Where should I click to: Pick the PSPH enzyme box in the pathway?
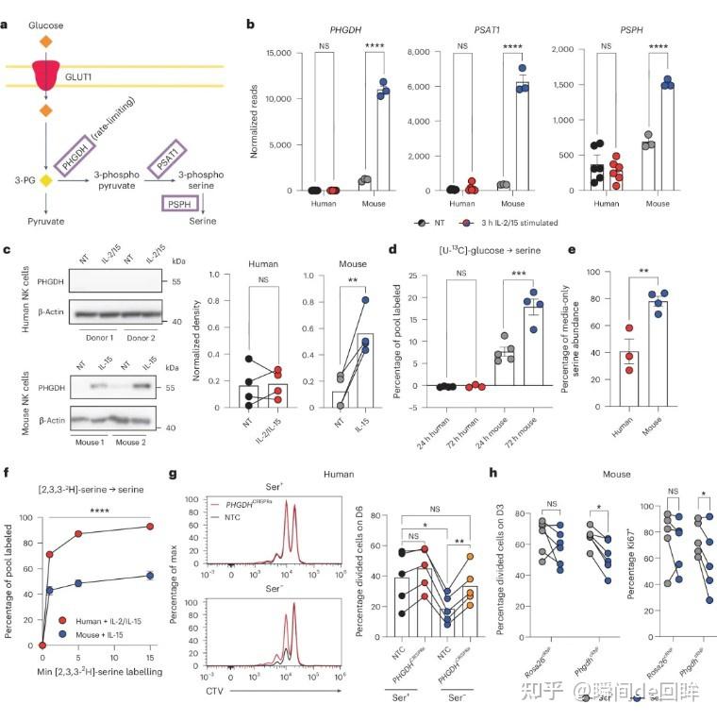178,202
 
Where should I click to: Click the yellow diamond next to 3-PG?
45,179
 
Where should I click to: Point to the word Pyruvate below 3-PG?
46,220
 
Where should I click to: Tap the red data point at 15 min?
149,528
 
